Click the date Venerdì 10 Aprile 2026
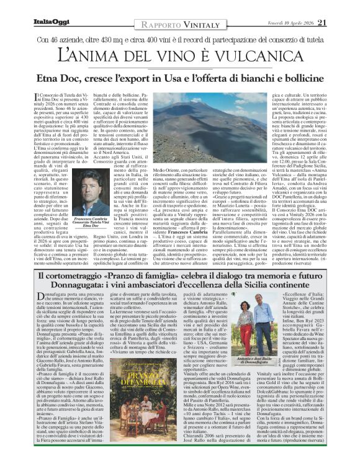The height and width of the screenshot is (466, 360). click(292, 23)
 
